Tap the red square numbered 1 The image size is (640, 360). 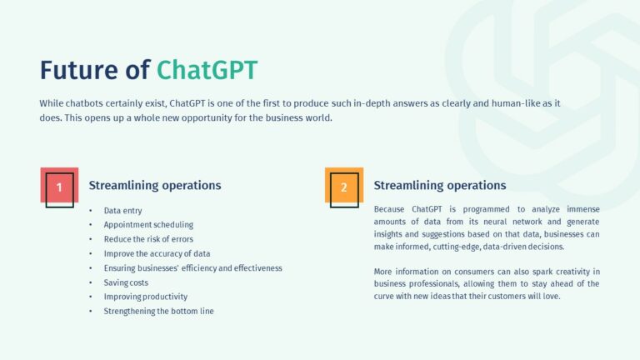tap(59, 187)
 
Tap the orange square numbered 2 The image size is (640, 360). tap(343, 187)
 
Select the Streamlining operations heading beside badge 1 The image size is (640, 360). tap(155, 185)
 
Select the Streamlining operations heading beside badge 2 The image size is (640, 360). tap(439, 185)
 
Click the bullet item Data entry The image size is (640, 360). tap(122, 211)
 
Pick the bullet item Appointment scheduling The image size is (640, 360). tap(148, 225)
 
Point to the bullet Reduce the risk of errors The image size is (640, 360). tap(148, 239)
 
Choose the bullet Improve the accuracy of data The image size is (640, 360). tap(157, 253)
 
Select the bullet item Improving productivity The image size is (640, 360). tap(145, 297)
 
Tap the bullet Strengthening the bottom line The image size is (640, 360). tap(158, 311)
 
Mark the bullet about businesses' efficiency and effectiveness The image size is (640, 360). tap(192, 267)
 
